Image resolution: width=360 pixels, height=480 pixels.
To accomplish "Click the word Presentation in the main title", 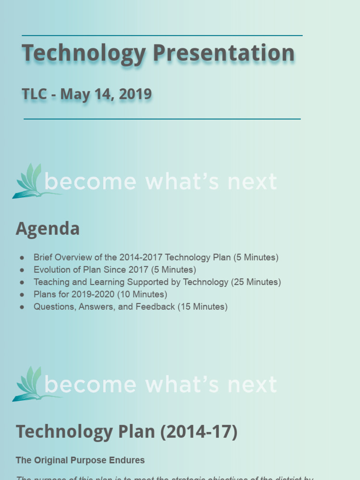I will (x=224, y=52).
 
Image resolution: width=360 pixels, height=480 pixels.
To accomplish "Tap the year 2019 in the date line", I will (x=135, y=94).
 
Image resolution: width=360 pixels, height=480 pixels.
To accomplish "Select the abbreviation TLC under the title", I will (x=34, y=94).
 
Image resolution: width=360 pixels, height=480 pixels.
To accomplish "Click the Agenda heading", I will (x=47, y=229).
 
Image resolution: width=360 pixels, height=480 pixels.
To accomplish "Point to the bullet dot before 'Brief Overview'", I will (x=22, y=258).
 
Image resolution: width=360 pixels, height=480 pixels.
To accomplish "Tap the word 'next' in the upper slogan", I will (x=252, y=182).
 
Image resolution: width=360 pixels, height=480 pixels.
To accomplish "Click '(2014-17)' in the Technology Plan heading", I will (x=199, y=432).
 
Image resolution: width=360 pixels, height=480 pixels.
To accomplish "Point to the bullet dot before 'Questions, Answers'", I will (x=22, y=307).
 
